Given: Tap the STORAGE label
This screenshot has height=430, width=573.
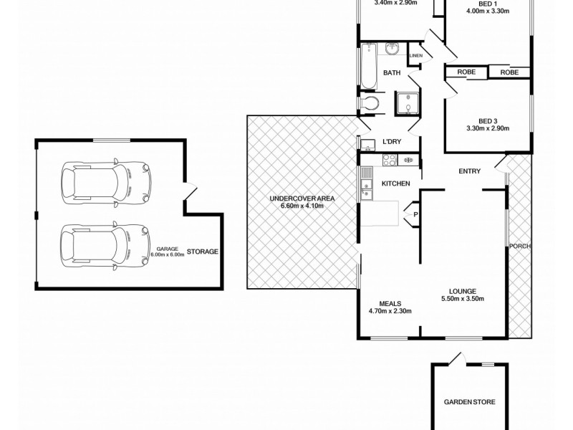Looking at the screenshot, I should pyautogui.click(x=203, y=252).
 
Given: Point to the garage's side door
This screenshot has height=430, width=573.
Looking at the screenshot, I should pyautogui.click(x=189, y=193).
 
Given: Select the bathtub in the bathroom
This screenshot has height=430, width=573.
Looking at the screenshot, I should pyautogui.click(x=369, y=66).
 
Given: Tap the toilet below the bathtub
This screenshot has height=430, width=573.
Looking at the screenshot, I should pyautogui.click(x=370, y=105).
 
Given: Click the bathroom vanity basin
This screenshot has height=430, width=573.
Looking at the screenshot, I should pyautogui.click(x=393, y=49).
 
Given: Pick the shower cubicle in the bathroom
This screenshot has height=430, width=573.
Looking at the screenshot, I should pyautogui.click(x=408, y=104).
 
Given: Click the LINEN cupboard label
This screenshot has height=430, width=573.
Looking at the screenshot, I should pyautogui.click(x=415, y=56).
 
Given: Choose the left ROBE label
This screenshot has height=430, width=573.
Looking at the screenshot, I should pyautogui.click(x=466, y=72).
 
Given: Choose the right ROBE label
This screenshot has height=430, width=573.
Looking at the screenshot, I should pyautogui.click(x=509, y=72).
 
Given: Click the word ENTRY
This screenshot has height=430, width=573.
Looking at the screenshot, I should pyautogui.click(x=470, y=171).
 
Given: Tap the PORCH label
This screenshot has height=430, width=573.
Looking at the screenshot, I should pyautogui.click(x=519, y=247).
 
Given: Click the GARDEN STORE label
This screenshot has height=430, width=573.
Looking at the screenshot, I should pyautogui.click(x=469, y=402).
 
